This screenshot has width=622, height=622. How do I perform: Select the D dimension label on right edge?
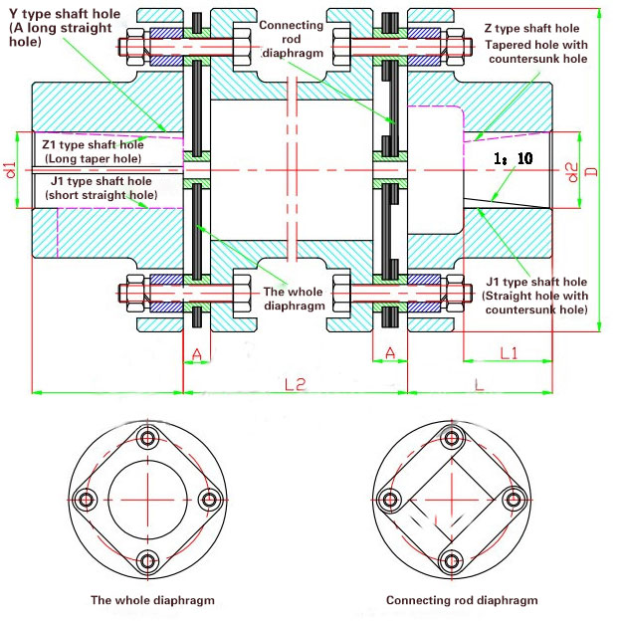tap(593, 172)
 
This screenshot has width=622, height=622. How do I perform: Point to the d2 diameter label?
tap(570, 170)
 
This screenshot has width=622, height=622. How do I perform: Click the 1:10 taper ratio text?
tap(512, 159)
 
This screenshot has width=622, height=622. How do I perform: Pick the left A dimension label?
tap(196, 352)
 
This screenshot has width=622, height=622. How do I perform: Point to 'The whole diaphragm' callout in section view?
tap(294, 299)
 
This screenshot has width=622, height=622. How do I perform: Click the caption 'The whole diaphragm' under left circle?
tap(152, 600)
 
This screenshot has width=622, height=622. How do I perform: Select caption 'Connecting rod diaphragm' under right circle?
tap(462, 600)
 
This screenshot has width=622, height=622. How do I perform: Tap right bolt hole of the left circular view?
tap(209, 499)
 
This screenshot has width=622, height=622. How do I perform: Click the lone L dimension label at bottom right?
tap(480, 382)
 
